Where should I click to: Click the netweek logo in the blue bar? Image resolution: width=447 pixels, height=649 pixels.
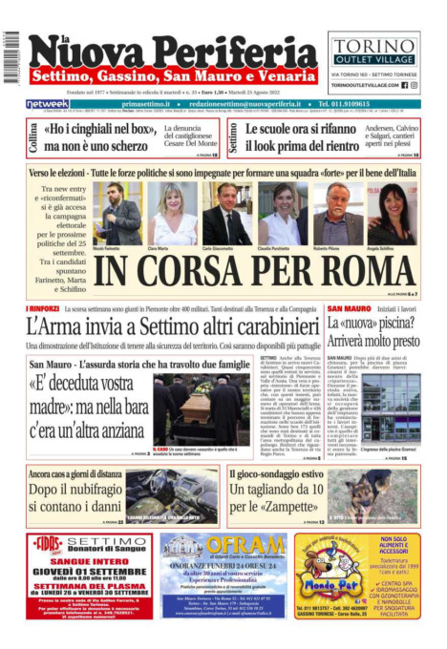pyautogui.click(x=47, y=104)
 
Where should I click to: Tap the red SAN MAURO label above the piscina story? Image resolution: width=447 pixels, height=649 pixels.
pyautogui.click(x=349, y=309)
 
